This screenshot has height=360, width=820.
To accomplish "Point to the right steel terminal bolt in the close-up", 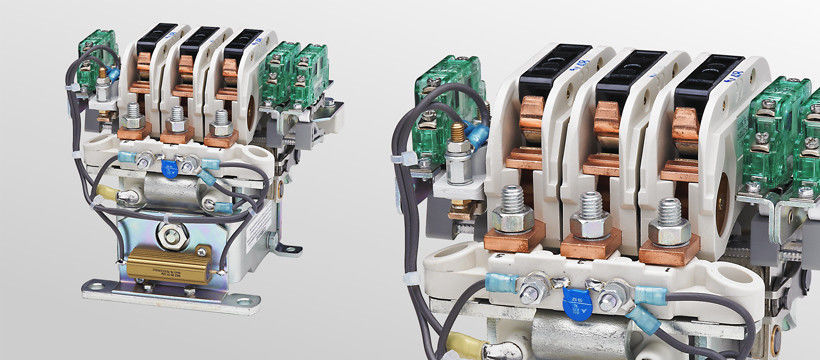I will (666, 222).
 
